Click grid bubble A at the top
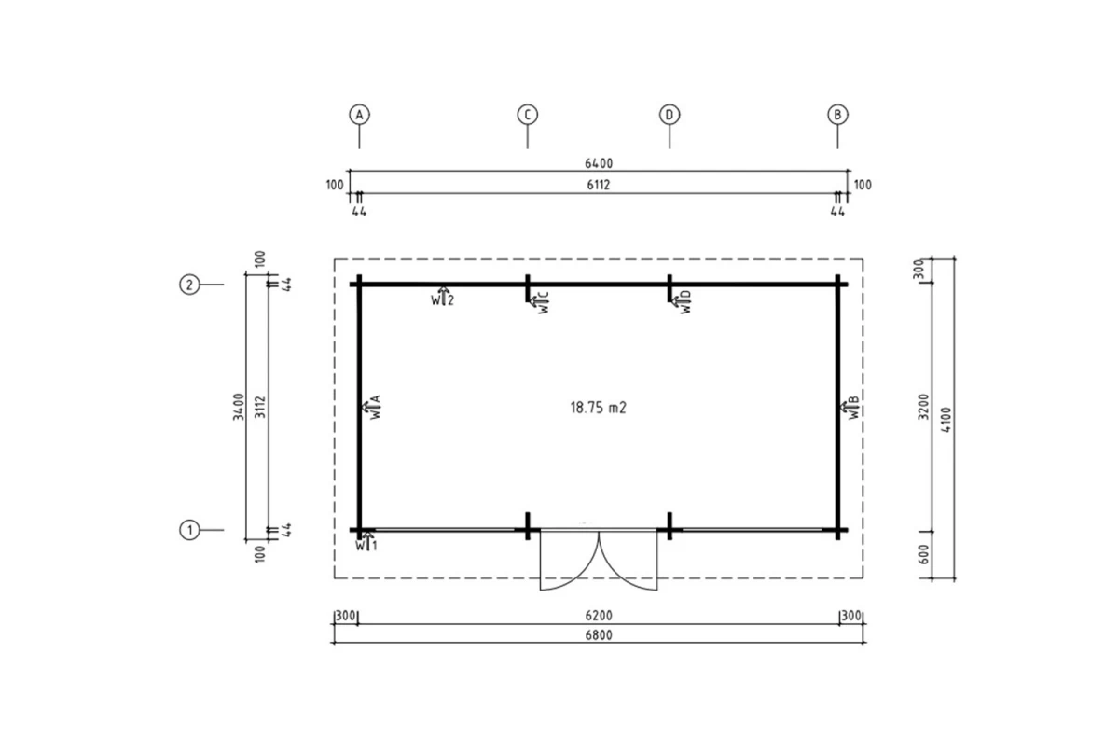pyautogui.click(x=359, y=115)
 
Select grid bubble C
pyautogui.click(x=528, y=115)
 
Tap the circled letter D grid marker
pyautogui.click(x=670, y=115)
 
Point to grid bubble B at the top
pyautogui.click(x=837, y=115)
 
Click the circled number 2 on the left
pyautogui.click(x=189, y=285)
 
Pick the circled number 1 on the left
pyautogui.click(x=189, y=530)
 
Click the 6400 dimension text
pyautogui.click(x=599, y=163)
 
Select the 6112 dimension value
pyautogui.click(x=599, y=186)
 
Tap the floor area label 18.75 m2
pyautogui.click(x=599, y=408)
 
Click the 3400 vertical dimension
pyautogui.click(x=239, y=407)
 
